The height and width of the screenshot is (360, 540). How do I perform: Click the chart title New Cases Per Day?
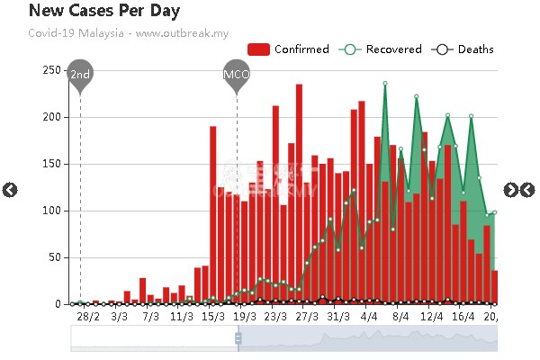coord(104,12)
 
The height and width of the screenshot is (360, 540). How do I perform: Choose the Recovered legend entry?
coord(380,49)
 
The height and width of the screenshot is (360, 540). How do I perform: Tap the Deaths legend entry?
coord(463,49)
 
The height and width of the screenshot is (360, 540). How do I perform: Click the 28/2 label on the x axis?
coord(88,317)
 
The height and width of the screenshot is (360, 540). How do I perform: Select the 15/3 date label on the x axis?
coord(212,317)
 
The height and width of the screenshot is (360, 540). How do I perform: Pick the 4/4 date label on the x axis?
coord(368,317)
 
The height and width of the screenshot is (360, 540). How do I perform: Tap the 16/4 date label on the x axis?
coord(463,317)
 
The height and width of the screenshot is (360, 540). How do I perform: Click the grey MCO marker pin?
coord(237,75)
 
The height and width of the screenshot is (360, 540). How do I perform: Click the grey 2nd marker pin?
coord(80,75)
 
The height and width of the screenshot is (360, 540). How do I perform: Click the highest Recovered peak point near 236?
coord(385,84)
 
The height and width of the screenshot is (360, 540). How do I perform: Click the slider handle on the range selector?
coord(238,338)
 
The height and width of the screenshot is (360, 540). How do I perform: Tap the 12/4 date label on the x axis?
coord(431,317)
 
